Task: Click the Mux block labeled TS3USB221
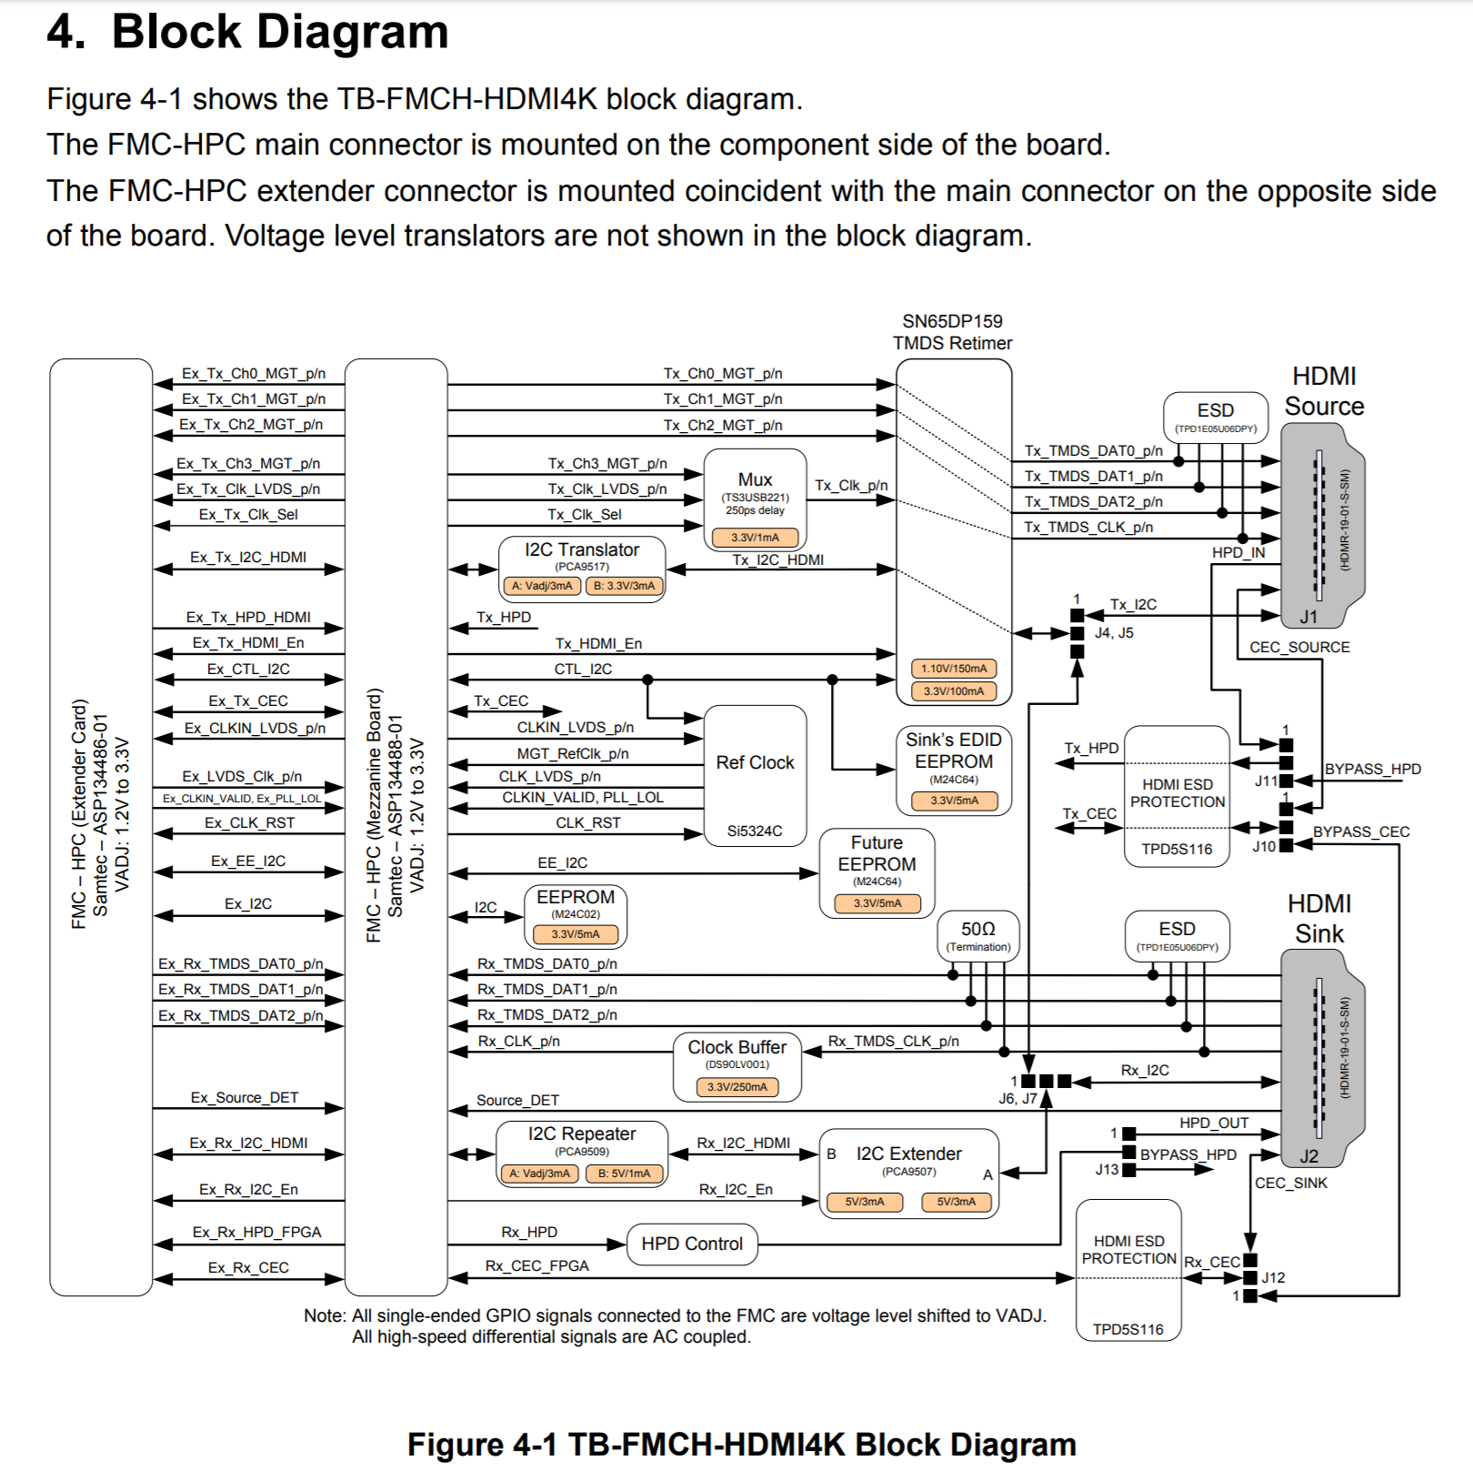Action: [755, 499]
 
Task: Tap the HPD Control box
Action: [692, 1244]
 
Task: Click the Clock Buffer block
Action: [736, 1066]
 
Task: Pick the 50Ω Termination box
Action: [978, 936]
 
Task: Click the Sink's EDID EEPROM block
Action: [953, 771]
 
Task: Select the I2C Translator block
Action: [582, 569]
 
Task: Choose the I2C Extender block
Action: [908, 1174]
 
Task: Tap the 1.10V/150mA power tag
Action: [954, 669]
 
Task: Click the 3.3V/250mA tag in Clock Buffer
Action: [737, 1087]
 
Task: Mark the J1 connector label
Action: [1308, 617]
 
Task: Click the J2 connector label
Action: [1308, 1156]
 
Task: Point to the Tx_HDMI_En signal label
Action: [598, 643]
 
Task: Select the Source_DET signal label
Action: [517, 1100]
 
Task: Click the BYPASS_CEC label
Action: [1361, 831]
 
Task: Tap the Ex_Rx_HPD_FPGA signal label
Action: [256, 1232]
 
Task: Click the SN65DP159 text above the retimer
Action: [952, 321]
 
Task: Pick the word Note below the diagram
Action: [324, 1315]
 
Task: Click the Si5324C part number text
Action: [755, 831]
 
